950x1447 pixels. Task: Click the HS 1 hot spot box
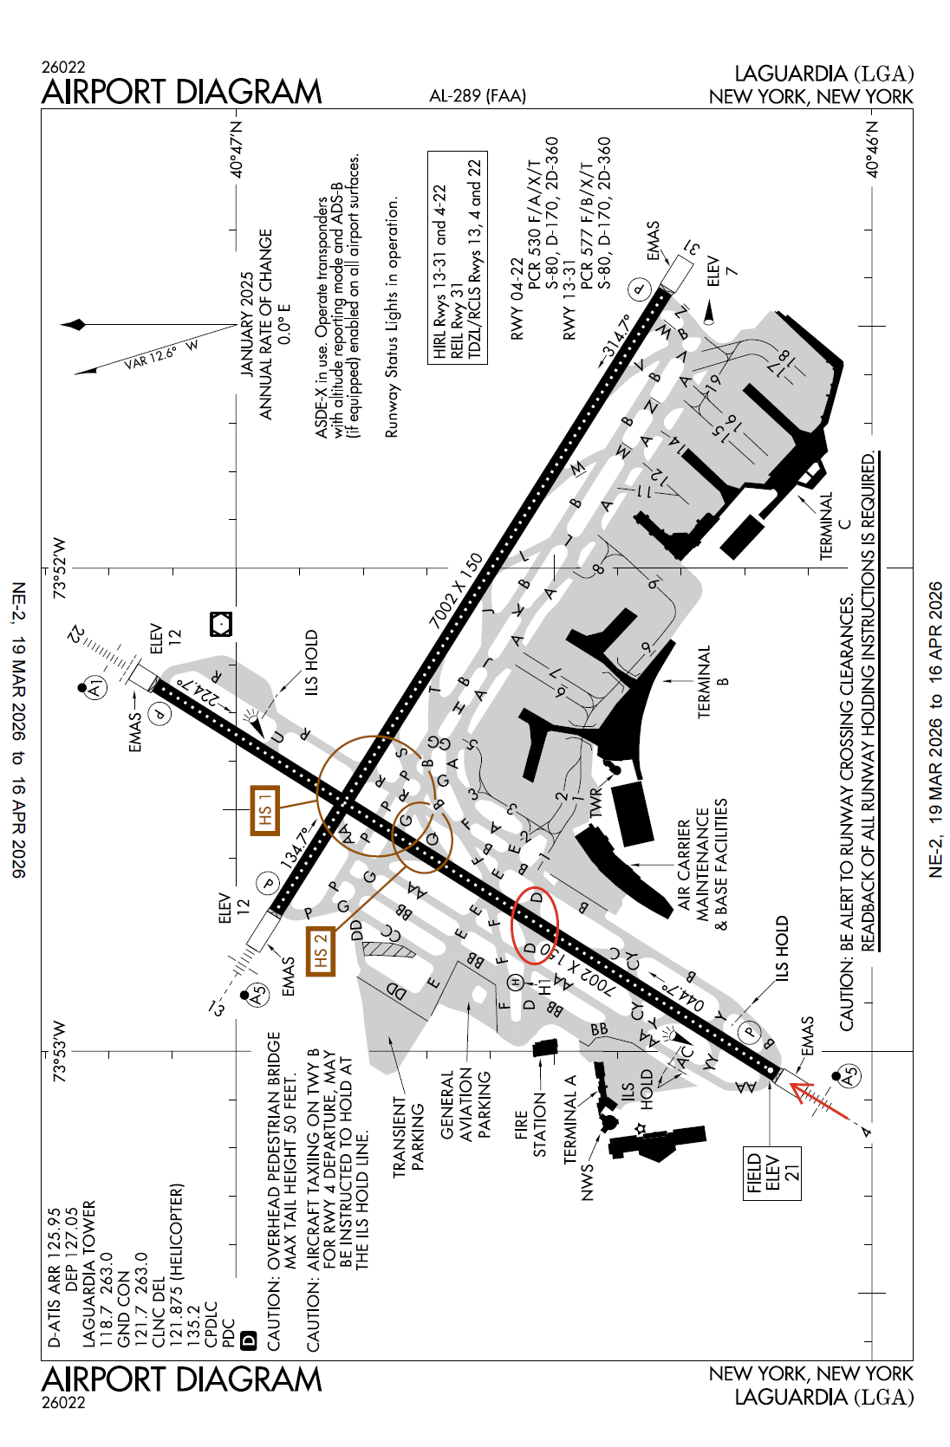click(265, 810)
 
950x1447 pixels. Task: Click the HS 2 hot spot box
click(320, 951)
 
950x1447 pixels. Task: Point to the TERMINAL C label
click(835, 526)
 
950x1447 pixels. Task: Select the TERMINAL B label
click(713, 681)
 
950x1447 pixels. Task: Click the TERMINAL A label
click(570, 1119)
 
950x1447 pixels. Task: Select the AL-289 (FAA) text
click(478, 96)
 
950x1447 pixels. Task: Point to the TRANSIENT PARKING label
click(408, 1134)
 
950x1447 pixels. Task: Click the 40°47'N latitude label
click(237, 149)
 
